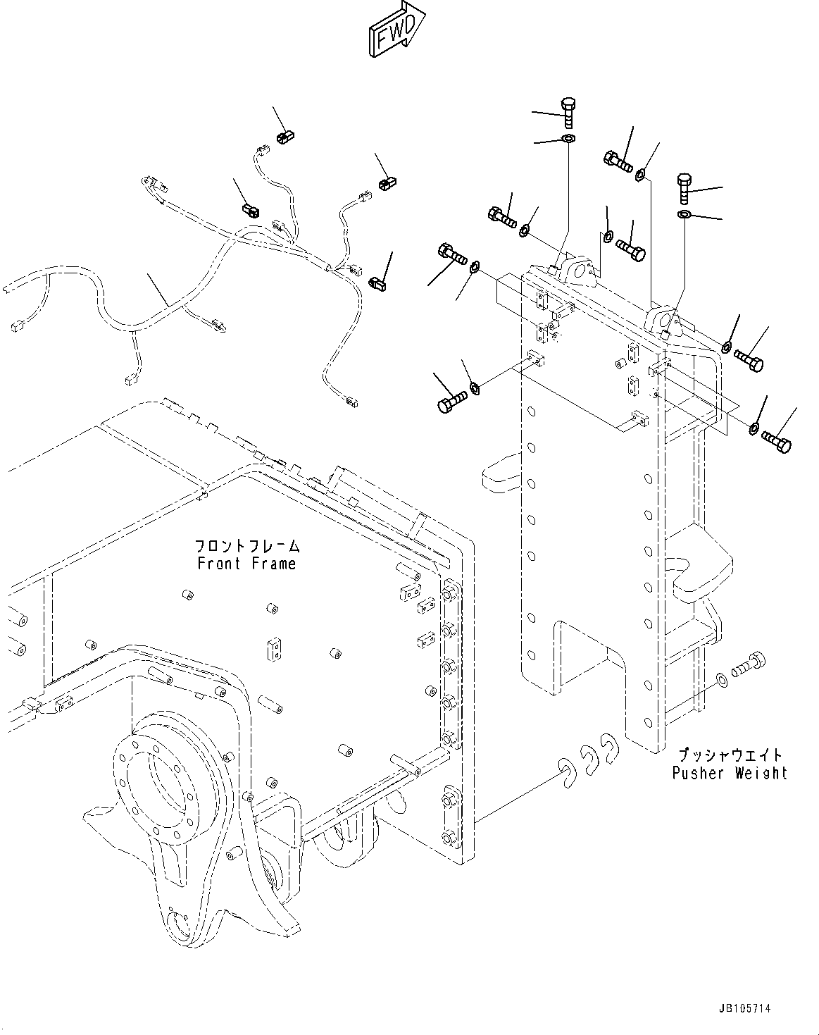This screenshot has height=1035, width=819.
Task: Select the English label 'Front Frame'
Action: (246, 564)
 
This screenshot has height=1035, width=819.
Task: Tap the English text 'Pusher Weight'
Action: (729, 773)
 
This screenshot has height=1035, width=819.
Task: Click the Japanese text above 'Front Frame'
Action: (247, 546)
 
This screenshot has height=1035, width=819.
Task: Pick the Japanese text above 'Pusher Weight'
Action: (727, 755)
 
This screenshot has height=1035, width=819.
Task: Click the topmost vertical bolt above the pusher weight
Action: (569, 111)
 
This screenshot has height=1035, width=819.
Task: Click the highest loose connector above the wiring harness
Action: (284, 135)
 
